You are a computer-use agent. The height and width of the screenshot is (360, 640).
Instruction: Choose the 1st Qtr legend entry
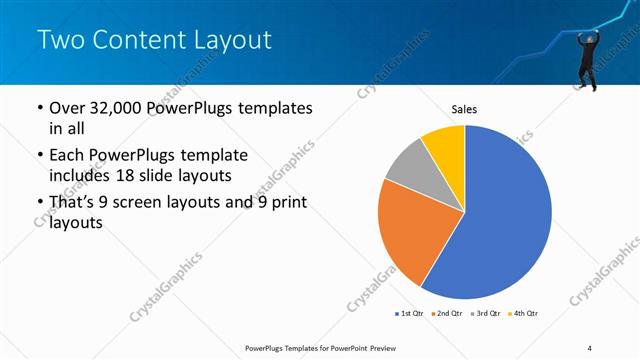[410, 314]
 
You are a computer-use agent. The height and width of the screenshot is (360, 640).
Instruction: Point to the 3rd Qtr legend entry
[487, 314]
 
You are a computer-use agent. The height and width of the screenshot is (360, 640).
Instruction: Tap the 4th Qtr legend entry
[525, 314]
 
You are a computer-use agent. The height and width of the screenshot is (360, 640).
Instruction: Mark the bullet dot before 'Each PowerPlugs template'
[39, 156]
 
